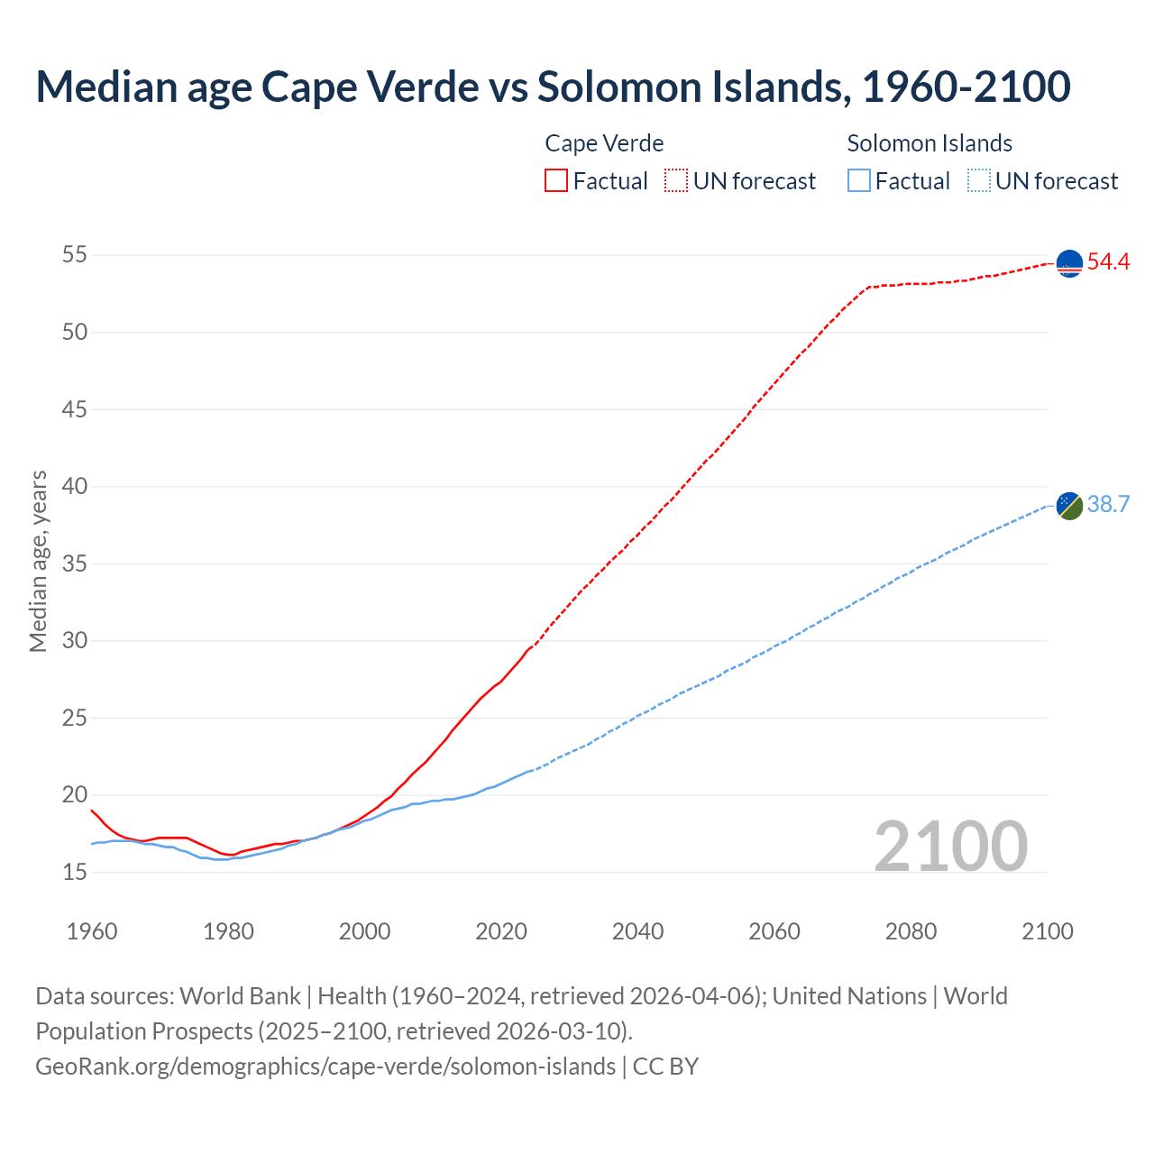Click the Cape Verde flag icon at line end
[x=1069, y=263]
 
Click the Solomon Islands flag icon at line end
[x=1069, y=506]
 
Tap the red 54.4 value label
[x=1108, y=262]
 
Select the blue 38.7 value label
[x=1108, y=504]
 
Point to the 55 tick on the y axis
[x=75, y=255]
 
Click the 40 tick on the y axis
[x=75, y=487]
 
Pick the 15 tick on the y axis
[x=75, y=872]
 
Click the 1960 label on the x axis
[x=92, y=931]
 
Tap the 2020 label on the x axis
[x=501, y=931]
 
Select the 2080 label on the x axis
[x=911, y=931]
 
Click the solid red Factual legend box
[x=556, y=181]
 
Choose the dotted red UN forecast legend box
[x=676, y=181]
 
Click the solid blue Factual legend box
[x=859, y=181]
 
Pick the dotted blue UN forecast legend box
[x=979, y=181]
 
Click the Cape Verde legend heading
[x=604, y=143]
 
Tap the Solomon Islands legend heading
[x=930, y=143]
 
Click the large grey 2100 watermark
[x=950, y=846]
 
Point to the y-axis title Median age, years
[x=38, y=561]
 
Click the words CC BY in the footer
[x=665, y=1067]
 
